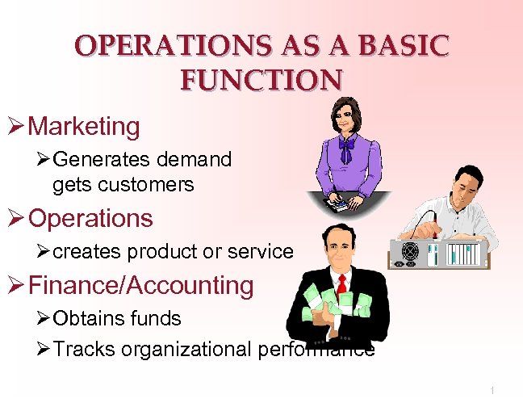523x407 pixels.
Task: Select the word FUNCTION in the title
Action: click(261, 80)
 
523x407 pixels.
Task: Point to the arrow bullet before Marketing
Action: click(15, 127)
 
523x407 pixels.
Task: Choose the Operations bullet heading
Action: click(90, 218)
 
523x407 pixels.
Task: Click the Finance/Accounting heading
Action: click(140, 285)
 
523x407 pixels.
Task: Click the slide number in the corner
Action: click(492, 391)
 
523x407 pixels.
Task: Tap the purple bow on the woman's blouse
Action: click(347, 148)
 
